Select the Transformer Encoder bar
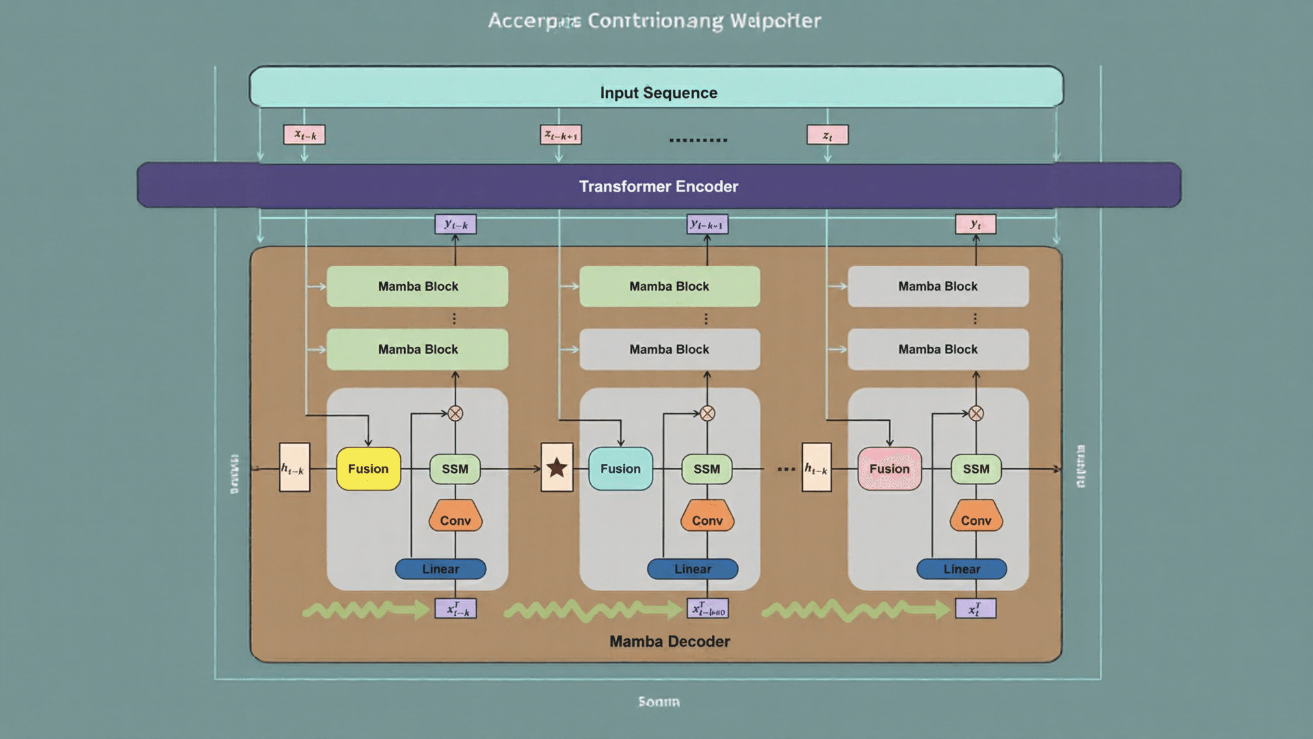[x=659, y=185]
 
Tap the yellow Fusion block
[x=368, y=469]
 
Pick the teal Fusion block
[x=620, y=469]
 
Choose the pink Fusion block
[x=889, y=469]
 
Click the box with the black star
[x=557, y=467]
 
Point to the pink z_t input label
[x=827, y=135]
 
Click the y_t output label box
[x=975, y=224]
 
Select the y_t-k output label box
[x=455, y=224]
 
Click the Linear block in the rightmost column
[x=961, y=569]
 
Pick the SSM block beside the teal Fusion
[x=706, y=469]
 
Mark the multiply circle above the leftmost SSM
[x=455, y=413]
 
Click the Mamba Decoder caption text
[x=669, y=641]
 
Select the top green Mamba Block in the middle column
[x=669, y=286]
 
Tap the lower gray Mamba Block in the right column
[x=938, y=349]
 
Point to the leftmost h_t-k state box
[x=295, y=467]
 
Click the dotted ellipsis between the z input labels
[x=698, y=140]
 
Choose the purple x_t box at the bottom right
[x=975, y=608]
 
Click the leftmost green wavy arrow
[x=365, y=609]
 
